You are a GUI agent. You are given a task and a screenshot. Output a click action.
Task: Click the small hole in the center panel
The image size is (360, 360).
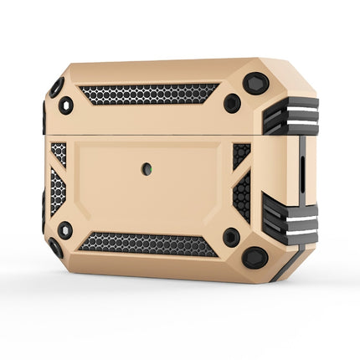tap(147, 169)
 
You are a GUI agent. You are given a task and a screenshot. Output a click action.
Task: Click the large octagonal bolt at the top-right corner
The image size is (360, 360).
tap(256, 84)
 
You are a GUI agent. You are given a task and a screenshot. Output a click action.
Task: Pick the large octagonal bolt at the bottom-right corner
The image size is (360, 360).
tap(255, 256)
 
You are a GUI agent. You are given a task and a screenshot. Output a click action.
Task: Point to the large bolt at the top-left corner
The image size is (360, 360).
tap(56, 87)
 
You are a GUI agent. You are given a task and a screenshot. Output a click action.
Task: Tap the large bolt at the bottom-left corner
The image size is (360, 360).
tap(55, 248)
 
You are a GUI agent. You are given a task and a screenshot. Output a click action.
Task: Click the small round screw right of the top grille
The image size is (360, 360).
tap(232, 103)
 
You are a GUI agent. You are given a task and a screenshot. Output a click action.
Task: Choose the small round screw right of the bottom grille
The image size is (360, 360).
tap(231, 237)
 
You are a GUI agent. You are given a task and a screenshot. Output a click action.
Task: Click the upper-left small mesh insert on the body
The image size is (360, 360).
tap(59, 152)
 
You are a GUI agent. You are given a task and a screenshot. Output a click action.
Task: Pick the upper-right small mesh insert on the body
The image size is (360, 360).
tap(241, 154)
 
